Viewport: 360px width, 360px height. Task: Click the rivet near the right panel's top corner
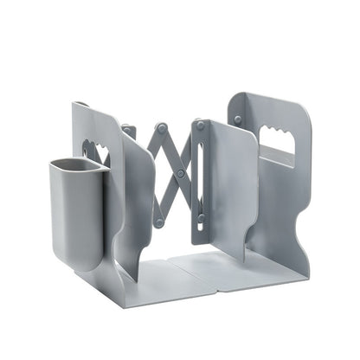point(238,119)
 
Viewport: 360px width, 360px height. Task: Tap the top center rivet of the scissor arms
point(162,128)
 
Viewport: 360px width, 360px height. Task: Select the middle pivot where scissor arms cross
point(180,173)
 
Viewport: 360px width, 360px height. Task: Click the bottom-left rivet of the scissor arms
point(159,222)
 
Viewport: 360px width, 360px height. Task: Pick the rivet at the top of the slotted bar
point(200,125)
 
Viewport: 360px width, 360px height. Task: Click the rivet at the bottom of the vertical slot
point(201,218)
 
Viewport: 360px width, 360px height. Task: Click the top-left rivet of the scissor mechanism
point(127,132)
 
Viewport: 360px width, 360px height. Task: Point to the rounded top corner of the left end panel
point(78,106)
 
